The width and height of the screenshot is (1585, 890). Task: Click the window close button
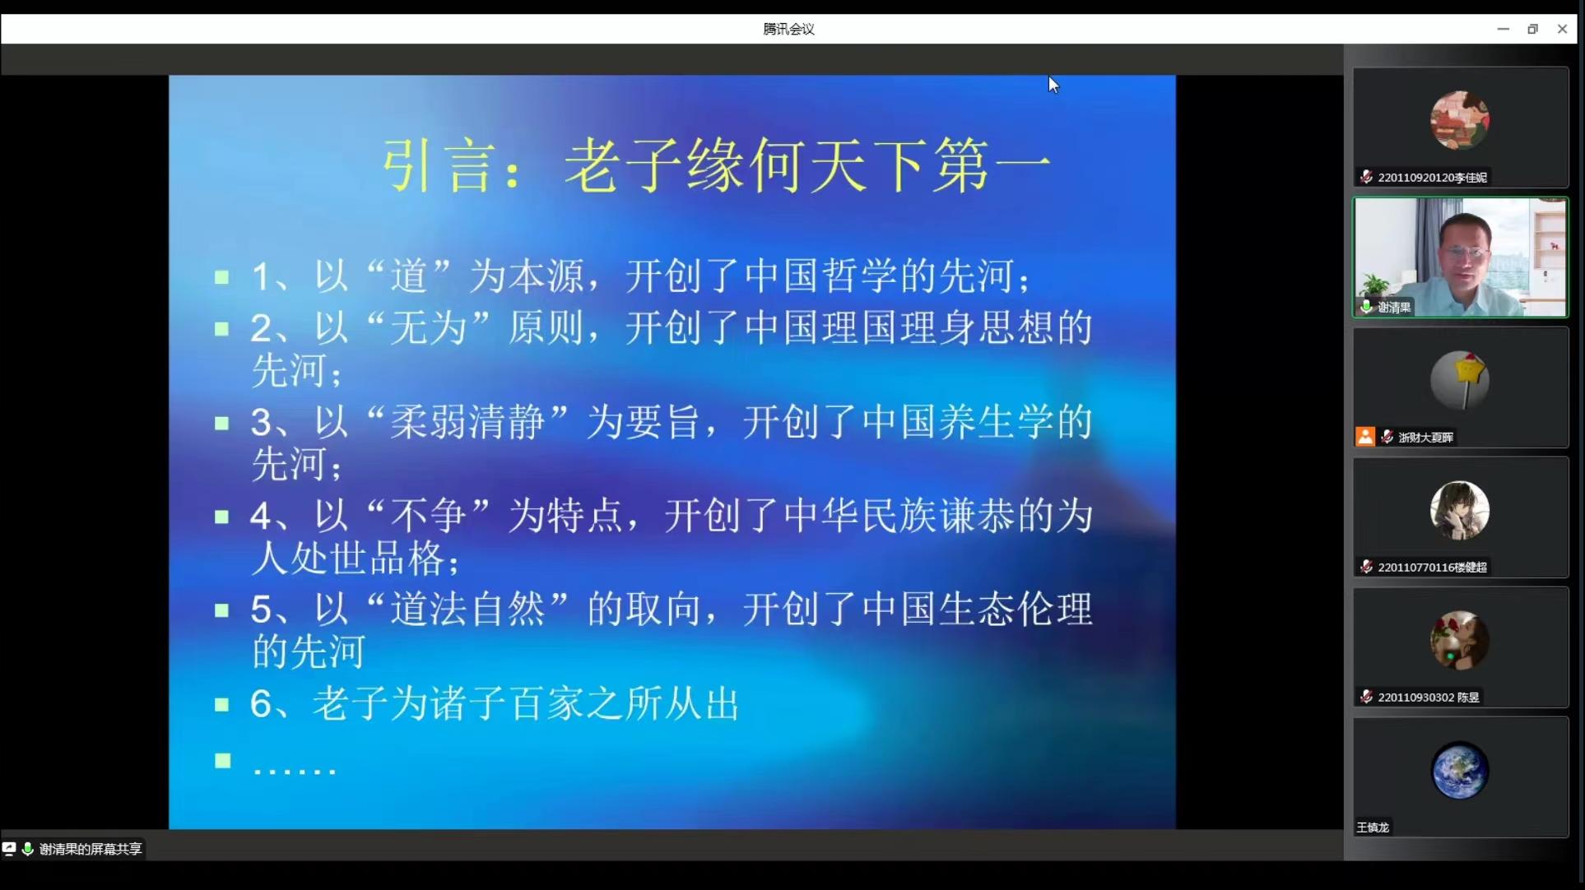pyautogui.click(x=1562, y=29)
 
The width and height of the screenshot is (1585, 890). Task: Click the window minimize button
pyautogui.click(x=1503, y=29)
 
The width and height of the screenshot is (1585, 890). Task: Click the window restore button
pyautogui.click(x=1532, y=29)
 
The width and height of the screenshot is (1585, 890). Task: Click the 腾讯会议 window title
pyautogui.click(x=788, y=29)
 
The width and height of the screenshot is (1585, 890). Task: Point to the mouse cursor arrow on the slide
pyautogui.click(x=1053, y=84)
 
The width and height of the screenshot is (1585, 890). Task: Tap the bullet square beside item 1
pyautogui.click(x=221, y=277)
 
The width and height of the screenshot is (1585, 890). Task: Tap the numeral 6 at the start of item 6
pyautogui.click(x=261, y=704)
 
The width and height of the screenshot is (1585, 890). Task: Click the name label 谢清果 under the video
pyautogui.click(x=1394, y=308)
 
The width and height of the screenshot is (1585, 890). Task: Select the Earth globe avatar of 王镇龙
pyautogui.click(x=1460, y=771)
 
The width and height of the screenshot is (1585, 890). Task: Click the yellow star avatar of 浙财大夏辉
pyautogui.click(x=1460, y=380)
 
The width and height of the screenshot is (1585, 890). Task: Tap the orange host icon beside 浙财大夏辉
pyautogui.click(x=1365, y=437)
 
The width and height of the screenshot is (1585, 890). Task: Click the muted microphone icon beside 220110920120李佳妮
pyautogui.click(x=1366, y=177)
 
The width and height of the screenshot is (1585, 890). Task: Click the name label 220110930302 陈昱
pyautogui.click(x=1429, y=698)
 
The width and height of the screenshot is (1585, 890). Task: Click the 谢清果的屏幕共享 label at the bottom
pyautogui.click(x=91, y=849)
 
